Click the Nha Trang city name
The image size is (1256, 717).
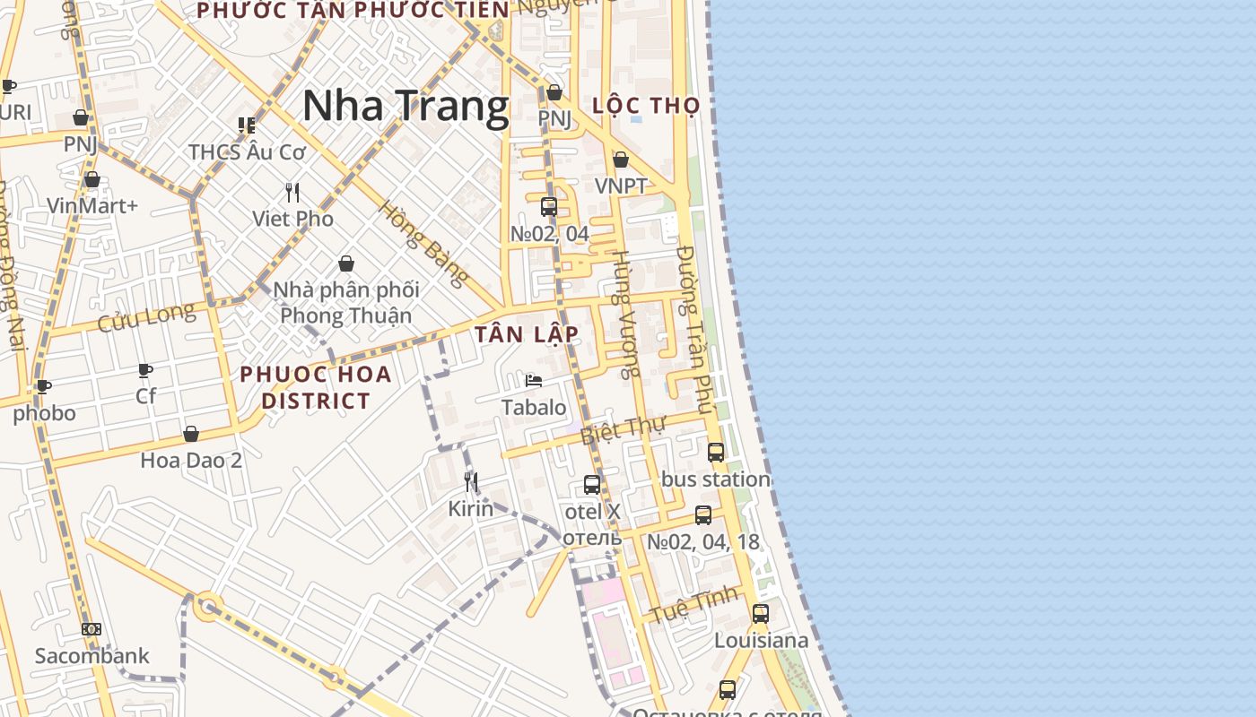(x=406, y=107)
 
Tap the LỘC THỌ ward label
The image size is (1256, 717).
(x=646, y=106)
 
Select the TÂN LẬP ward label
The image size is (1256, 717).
(x=527, y=334)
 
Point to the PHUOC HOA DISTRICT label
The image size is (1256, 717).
(x=316, y=387)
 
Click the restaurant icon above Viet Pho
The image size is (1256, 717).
(x=292, y=192)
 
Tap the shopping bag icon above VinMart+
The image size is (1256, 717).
(x=92, y=179)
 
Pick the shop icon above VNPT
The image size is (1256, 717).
(x=620, y=160)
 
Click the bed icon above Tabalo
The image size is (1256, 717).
(x=534, y=381)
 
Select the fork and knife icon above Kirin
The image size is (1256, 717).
(x=470, y=482)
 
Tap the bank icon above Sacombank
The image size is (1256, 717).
(x=92, y=629)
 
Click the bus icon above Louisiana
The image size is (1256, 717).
(x=761, y=614)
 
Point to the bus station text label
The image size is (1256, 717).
(x=716, y=479)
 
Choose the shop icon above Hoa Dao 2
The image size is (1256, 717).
(x=191, y=435)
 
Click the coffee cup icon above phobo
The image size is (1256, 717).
(x=43, y=387)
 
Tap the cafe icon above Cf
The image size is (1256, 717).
(x=145, y=370)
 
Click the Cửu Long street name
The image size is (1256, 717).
(x=146, y=316)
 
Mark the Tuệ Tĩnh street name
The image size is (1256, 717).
(x=694, y=604)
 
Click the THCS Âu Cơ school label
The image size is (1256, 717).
(x=248, y=151)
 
